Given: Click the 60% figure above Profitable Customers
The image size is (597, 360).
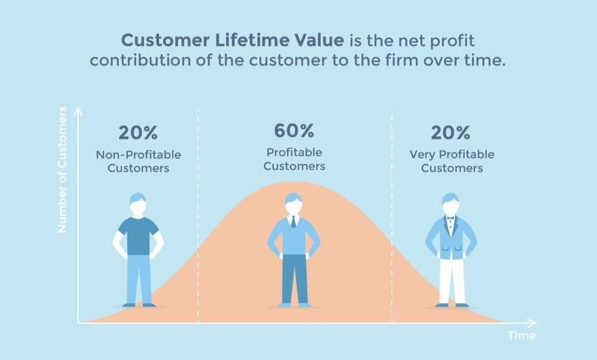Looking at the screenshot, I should [294, 131].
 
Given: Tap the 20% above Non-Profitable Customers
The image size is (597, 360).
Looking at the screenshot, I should [138, 133].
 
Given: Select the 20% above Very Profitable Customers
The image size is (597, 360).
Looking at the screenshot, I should [451, 133].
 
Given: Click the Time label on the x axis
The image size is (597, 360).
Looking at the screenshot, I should [521, 336].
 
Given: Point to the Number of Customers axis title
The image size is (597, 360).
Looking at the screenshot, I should [62, 169].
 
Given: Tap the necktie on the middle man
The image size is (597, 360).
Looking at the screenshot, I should [293, 221].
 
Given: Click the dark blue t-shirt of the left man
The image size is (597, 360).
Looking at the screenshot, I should [138, 234].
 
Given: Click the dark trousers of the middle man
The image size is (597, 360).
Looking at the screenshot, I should [294, 279].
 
